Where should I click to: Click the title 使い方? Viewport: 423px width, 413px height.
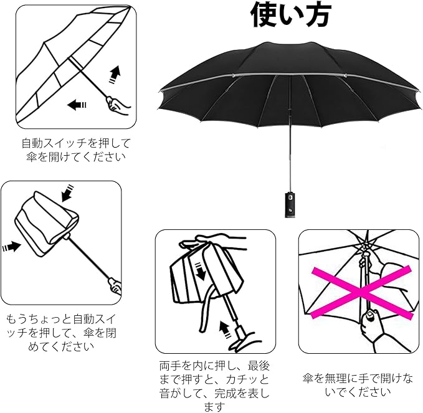(291, 15)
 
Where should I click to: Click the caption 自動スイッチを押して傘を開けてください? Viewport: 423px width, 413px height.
(73, 150)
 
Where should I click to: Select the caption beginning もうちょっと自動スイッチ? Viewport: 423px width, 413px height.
(61, 331)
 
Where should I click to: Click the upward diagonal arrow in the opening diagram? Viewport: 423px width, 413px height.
(115, 74)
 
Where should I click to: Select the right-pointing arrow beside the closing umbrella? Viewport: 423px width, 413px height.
(11, 247)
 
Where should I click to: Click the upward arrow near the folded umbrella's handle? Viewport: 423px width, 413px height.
(225, 326)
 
